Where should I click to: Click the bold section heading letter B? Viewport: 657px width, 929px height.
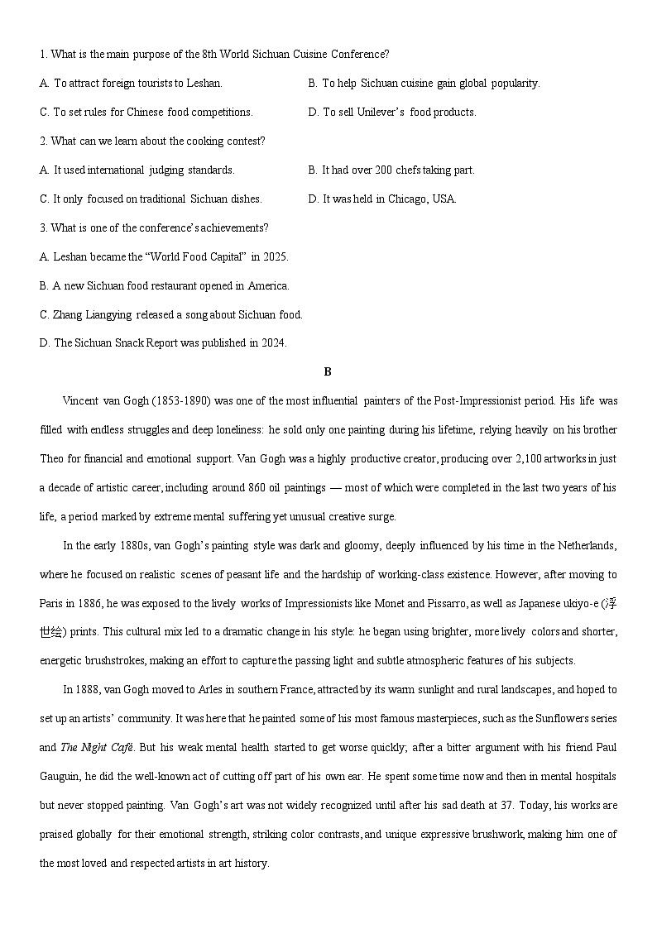(x=328, y=372)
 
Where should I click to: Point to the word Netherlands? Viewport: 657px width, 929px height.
(x=587, y=546)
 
